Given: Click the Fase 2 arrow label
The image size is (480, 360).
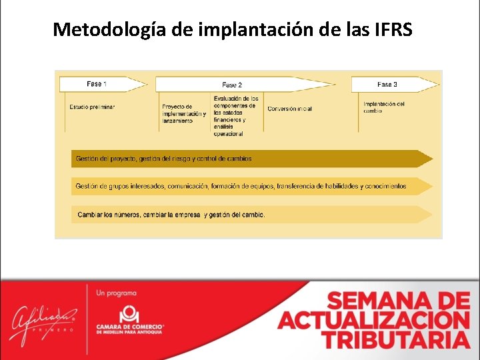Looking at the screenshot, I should click(232, 85).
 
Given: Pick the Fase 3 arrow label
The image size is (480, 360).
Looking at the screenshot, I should click(387, 85).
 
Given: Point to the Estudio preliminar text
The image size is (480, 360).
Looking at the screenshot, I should click(92, 107).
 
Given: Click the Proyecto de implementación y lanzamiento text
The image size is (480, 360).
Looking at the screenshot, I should click(183, 113).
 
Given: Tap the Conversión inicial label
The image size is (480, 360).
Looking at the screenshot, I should click(289, 109).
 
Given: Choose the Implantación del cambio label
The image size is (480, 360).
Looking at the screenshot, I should click(383, 107).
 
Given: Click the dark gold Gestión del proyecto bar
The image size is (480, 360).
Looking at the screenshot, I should click(251, 159).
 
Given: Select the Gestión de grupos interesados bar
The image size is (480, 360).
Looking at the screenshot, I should click(251, 186).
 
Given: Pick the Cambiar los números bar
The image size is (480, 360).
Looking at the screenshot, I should click(251, 215).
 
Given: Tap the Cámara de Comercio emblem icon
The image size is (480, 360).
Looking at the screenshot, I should click(129, 313).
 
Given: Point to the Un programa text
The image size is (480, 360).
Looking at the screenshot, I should click(117, 293).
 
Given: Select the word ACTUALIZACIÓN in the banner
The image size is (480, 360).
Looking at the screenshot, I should click(374, 320).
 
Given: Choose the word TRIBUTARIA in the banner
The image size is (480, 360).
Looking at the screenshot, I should click(396, 339).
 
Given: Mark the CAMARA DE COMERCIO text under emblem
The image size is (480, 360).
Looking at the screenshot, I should click(130, 327).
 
